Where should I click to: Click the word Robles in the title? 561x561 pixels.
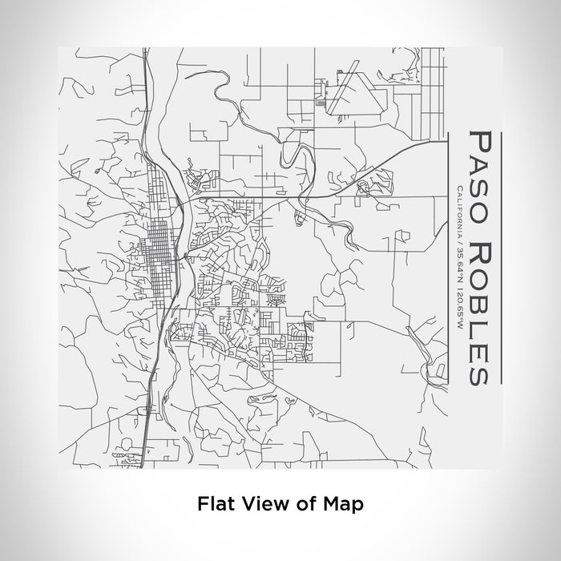[x=477, y=301]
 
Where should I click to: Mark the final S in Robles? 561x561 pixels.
[x=478, y=370]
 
